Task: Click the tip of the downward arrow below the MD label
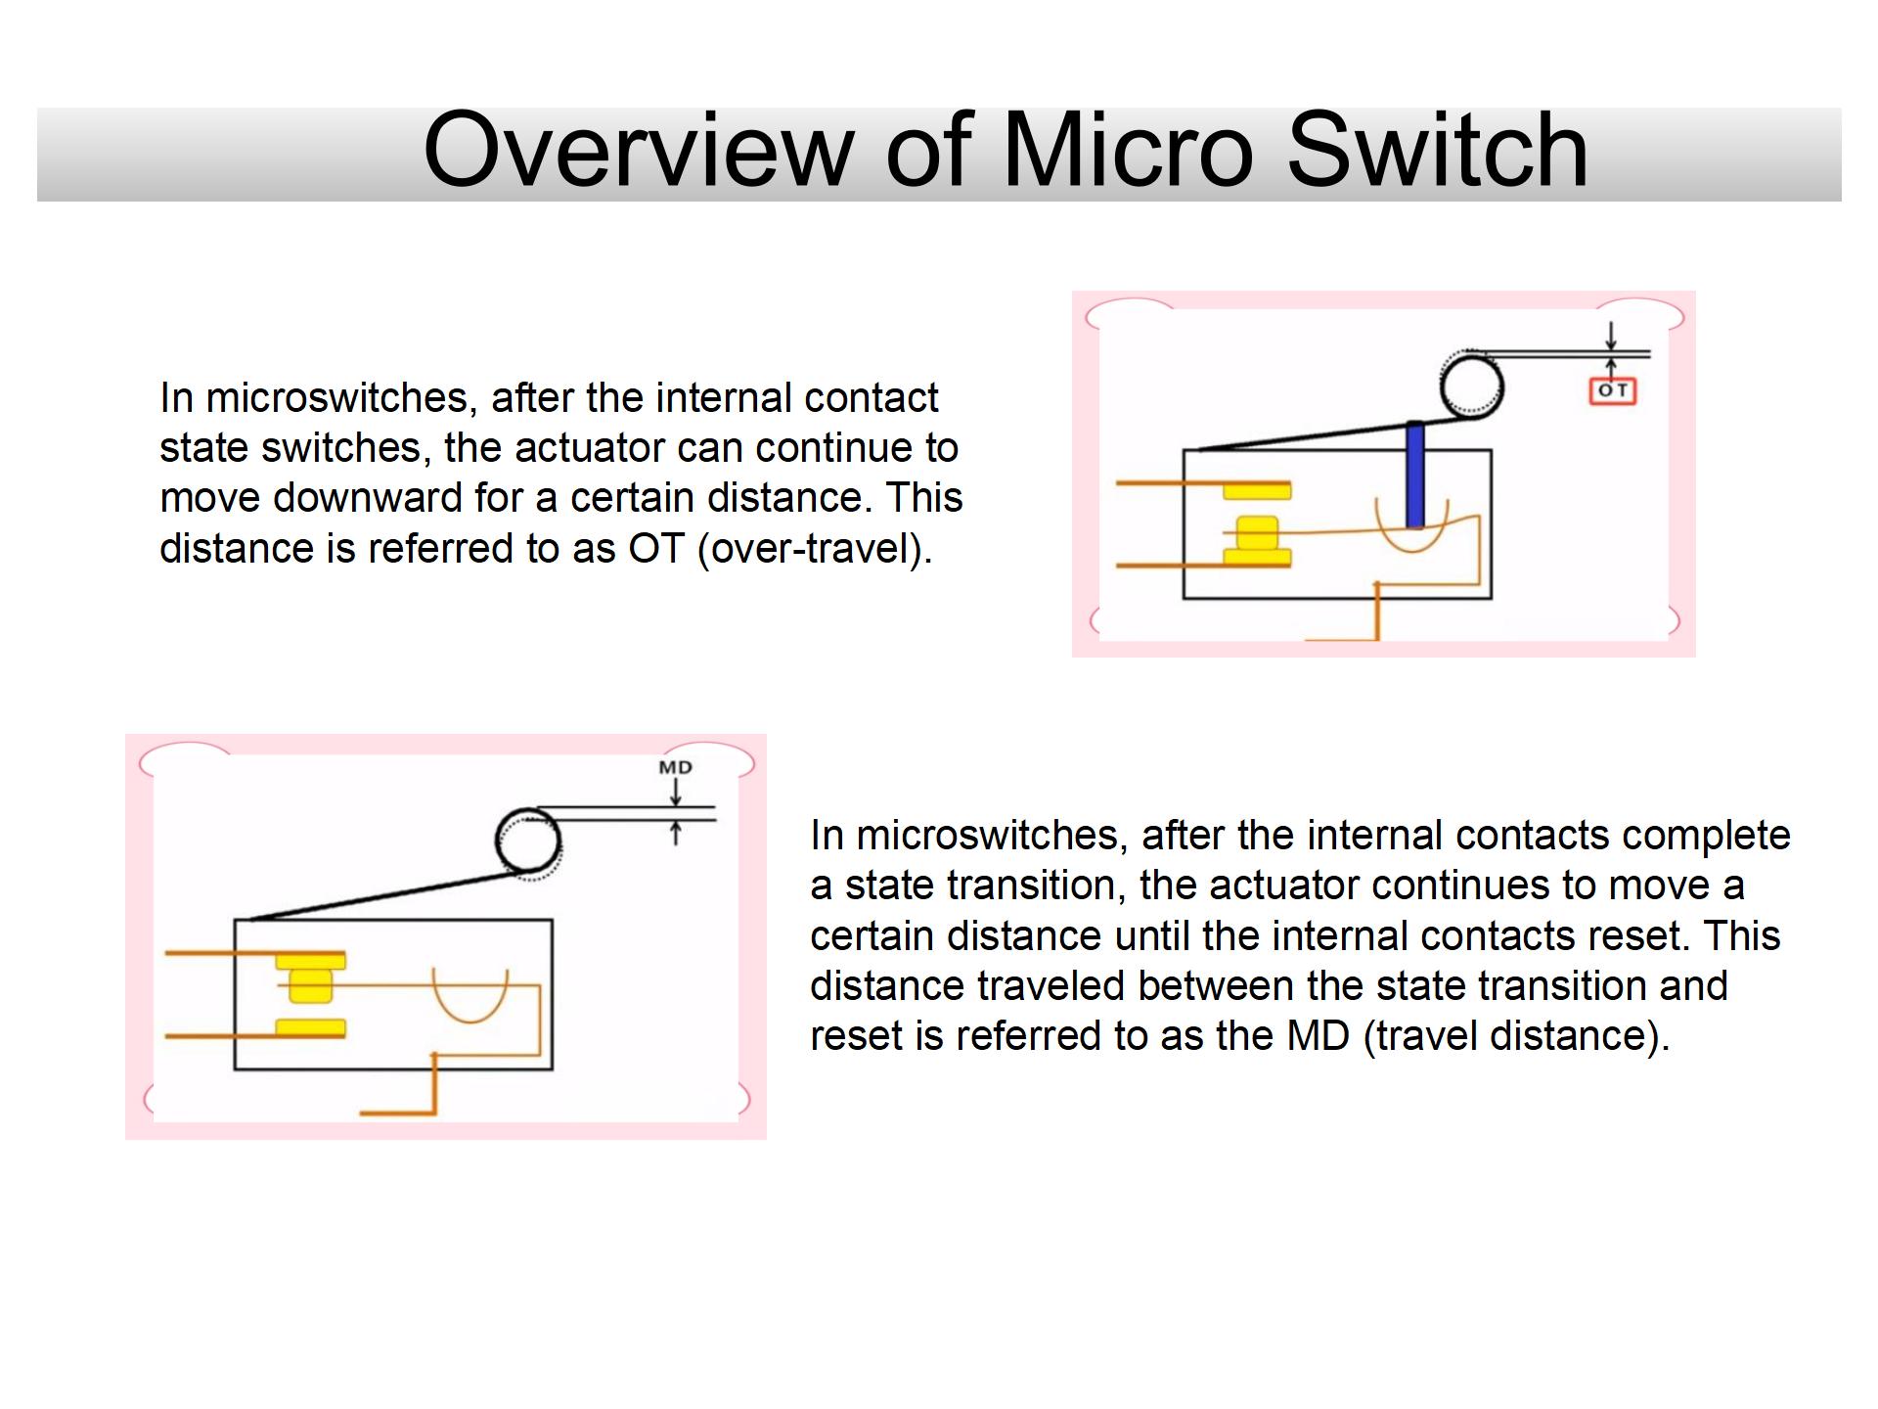point(675,807)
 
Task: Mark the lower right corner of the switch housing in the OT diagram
point(1491,597)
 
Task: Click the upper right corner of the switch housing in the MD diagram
point(552,920)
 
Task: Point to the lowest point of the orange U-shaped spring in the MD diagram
point(470,1022)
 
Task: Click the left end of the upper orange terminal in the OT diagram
point(1117,483)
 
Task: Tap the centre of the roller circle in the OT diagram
point(1471,386)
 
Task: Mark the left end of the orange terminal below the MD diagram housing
point(361,1113)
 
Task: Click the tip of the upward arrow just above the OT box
point(1611,358)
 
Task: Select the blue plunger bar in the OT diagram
point(1414,475)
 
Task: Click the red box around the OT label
point(1612,391)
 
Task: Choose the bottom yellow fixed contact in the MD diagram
point(310,1027)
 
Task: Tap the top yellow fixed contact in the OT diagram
point(1257,490)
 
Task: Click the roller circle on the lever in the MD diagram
point(528,840)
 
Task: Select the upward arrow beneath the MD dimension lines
point(675,833)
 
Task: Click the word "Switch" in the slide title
point(1437,150)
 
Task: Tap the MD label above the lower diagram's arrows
point(675,767)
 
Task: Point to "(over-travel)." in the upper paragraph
point(815,548)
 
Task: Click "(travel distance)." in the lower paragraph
point(1515,1035)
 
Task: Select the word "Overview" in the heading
point(639,150)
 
